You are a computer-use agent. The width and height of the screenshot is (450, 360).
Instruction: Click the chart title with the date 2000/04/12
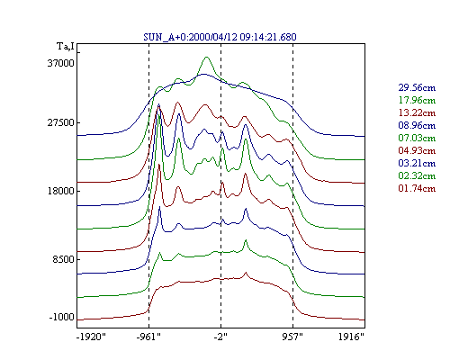pos(220,37)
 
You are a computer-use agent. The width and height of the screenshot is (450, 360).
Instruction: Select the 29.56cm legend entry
pos(417,87)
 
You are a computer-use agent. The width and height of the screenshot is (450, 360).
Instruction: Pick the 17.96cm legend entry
pos(417,100)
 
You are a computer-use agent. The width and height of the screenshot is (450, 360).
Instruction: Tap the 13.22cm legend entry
pos(417,112)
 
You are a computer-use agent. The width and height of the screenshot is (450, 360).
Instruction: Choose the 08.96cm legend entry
pos(417,125)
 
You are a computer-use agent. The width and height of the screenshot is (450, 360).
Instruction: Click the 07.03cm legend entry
pos(417,138)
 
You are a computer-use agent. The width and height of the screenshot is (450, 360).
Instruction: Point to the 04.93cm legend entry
pos(417,150)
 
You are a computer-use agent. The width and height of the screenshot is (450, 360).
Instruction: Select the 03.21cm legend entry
pos(417,163)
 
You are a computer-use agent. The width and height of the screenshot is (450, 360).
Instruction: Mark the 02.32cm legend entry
pos(417,175)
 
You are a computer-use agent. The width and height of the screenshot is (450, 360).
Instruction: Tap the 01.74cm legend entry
pos(417,188)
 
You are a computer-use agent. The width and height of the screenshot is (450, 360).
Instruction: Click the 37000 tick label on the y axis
pos(60,63)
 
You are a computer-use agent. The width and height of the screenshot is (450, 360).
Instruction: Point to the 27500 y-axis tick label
pos(60,123)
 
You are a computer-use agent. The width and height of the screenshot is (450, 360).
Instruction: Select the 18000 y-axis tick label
pos(60,191)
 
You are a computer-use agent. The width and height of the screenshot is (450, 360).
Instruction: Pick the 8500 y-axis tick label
pos(63,259)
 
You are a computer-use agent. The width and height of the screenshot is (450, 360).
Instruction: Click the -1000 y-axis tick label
pos(61,317)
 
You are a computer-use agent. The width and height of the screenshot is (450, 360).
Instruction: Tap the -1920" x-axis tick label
pos(91,337)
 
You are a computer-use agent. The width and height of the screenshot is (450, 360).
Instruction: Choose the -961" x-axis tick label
pos(148,337)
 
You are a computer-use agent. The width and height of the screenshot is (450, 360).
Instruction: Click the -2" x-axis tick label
pos(220,337)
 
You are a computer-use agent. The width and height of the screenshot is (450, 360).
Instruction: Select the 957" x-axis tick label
pos(292,337)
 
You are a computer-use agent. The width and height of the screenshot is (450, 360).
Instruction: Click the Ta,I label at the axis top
pos(66,47)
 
